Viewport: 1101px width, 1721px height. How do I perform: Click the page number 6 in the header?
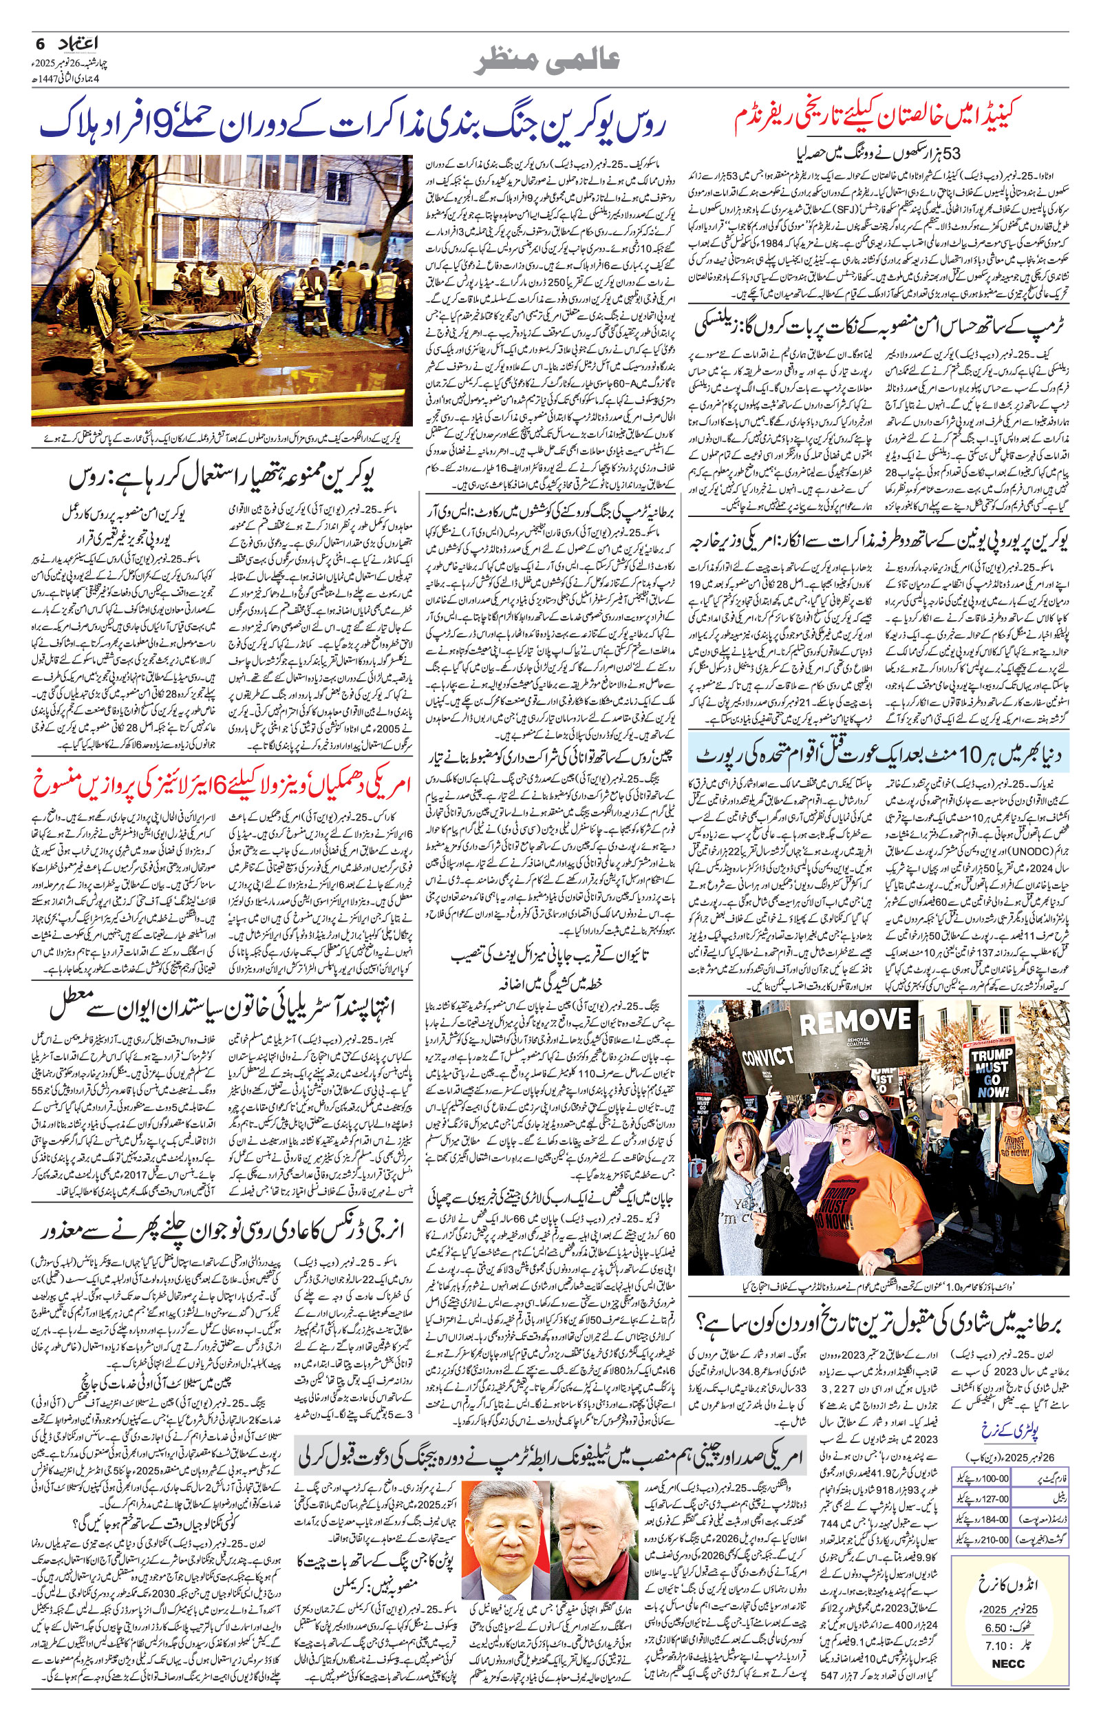[x=40, y=43]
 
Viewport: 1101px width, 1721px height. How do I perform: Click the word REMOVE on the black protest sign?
[x=855, y=1022]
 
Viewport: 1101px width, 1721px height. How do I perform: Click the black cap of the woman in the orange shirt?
[x=867, y=1114]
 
